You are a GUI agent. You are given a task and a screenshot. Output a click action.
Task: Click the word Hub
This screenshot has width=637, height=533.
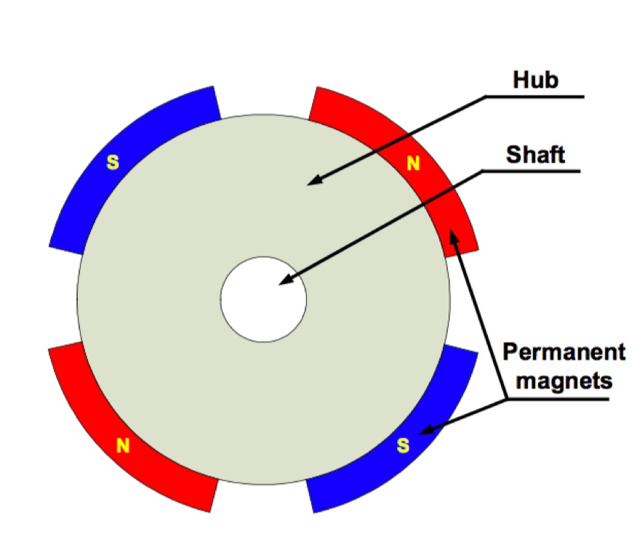click(535, 79)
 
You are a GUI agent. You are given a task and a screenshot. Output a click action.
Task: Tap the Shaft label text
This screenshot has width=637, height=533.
click(535, 155)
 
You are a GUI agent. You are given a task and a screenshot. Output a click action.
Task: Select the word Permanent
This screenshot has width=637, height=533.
click(564, 351)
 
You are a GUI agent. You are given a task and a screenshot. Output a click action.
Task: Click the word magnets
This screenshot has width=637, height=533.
click(564, 381)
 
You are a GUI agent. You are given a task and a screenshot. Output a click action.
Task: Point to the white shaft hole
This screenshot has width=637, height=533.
click(264, 299)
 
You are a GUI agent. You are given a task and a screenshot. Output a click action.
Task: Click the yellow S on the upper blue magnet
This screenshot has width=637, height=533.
click(113, 162)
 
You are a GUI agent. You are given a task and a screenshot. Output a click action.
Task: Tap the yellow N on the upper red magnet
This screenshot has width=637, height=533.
click(413, 163)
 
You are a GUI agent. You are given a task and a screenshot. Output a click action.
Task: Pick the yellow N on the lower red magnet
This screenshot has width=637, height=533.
click(123, 445)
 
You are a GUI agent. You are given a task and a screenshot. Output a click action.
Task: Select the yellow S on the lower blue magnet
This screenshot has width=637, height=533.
click(403, 445)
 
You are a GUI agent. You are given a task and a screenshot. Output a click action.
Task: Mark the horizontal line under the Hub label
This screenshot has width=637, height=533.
click(534, 97)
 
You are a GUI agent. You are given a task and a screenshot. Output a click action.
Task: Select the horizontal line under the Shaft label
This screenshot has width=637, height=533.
click(531, 171)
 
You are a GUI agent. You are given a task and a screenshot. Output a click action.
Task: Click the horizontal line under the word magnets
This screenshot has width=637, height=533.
click(558, 399)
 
